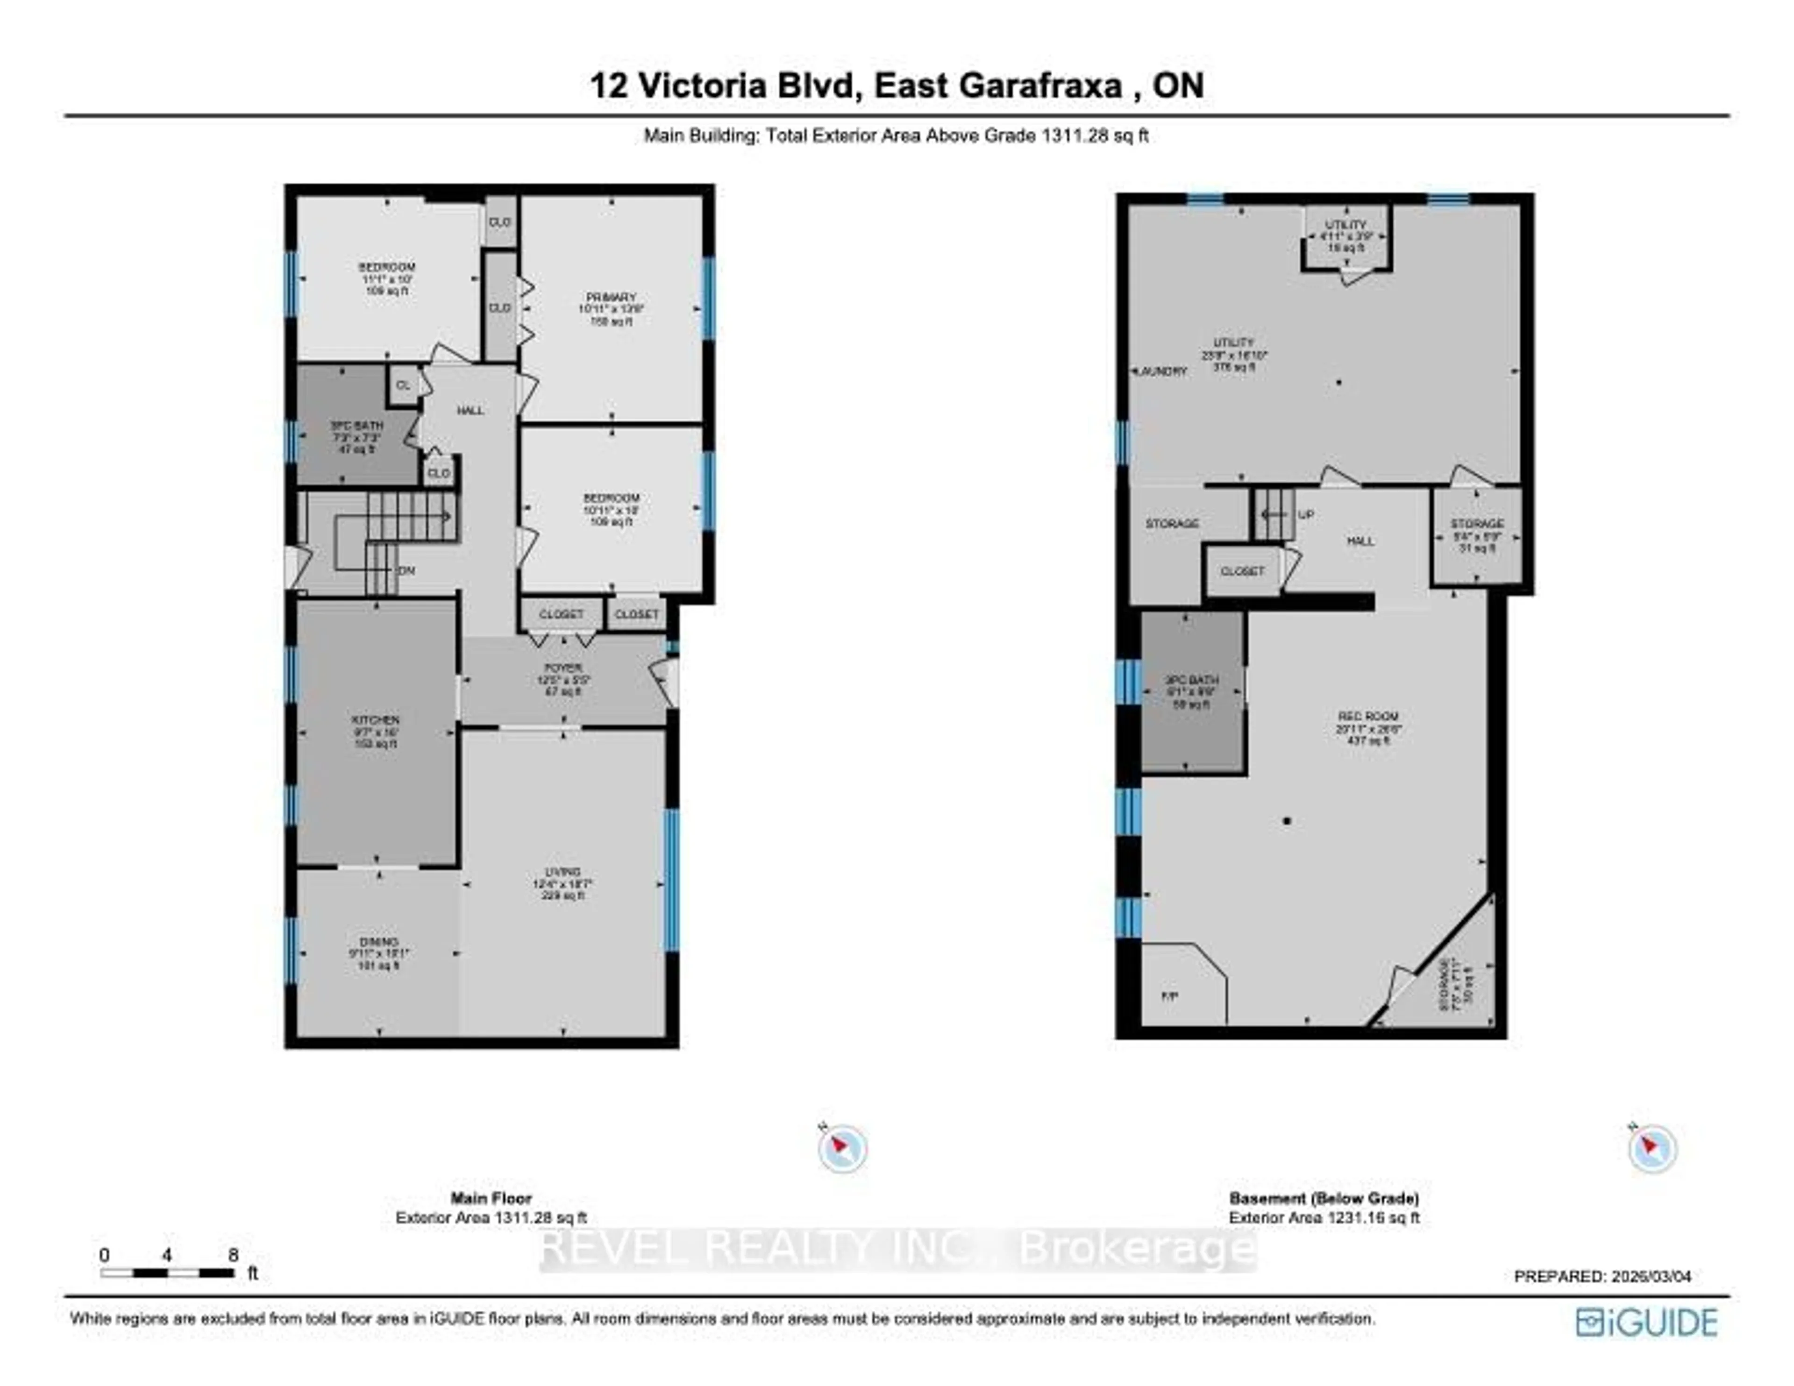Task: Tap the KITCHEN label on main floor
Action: click(x=376, y=720)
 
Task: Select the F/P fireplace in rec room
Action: click(x=1170, y=996)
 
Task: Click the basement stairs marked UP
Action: click(x=1273, y=514)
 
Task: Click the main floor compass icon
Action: click(x=842, y=1148)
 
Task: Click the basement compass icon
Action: click(x=1652, y=1148)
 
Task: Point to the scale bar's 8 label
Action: click(x=233, y=1255)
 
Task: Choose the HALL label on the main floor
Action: click(x=470, y=410)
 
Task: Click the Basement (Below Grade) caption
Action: click(x=1324, y=1198)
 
